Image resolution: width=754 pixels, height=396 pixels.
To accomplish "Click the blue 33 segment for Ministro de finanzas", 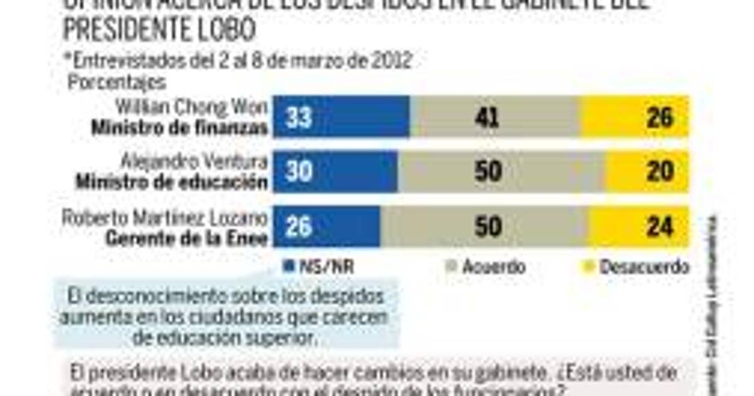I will point(341,117).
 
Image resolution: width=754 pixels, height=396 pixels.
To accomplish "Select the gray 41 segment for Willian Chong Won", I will point(494,117).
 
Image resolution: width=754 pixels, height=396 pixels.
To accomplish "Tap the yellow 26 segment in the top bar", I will point(635,117).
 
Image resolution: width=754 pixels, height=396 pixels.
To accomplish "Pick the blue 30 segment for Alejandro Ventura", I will point(335,172).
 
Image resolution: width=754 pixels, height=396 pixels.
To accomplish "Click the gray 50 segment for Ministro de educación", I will point(501,172).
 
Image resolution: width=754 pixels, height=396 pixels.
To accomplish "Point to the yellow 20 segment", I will point(647,172).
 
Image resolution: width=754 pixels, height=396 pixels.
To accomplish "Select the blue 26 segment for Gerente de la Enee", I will point(326,226).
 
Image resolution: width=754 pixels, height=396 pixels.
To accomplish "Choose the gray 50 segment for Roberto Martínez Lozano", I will point(484,226).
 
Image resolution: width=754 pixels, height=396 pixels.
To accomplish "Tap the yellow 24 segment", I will point(638,226).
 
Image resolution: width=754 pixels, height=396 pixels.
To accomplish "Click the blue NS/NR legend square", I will point(289,266).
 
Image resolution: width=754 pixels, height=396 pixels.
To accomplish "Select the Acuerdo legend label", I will point(493,267).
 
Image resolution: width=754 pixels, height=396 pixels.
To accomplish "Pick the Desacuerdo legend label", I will point(644,267).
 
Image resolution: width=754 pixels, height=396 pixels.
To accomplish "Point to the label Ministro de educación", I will point(172,182).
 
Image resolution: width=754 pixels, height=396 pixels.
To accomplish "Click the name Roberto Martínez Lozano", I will point(165,218).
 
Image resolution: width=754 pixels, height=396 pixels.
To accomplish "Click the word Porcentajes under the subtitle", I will point(117,82).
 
